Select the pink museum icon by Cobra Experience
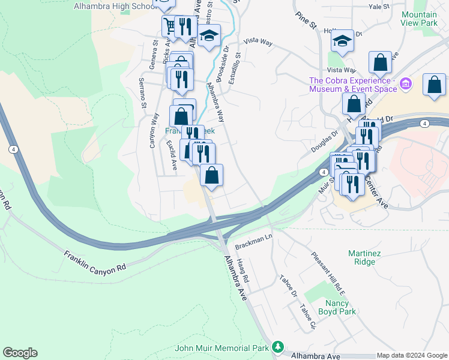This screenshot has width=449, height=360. point(406,84)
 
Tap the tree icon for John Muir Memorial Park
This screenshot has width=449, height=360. point(277,347)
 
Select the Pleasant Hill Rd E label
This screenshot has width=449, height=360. point(328,273)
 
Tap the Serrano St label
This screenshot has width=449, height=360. point(143,93)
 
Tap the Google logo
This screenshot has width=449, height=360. point(20,353)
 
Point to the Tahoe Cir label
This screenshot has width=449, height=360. point(309,317)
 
